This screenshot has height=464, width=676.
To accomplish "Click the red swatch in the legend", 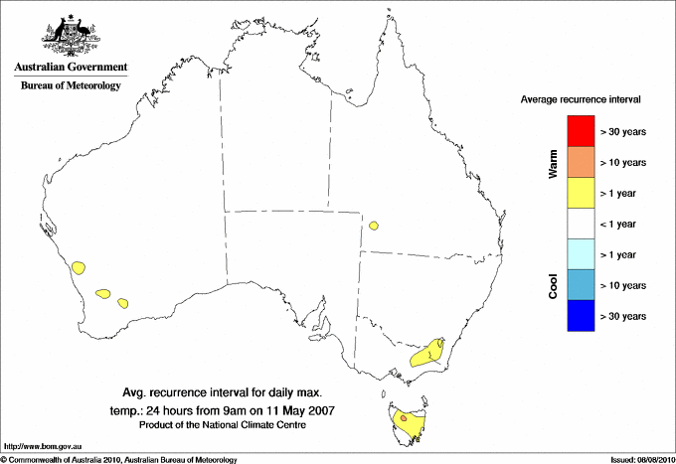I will (580, 131).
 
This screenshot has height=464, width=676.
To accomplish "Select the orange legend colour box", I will (580, 162).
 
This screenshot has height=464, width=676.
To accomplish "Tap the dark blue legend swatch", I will (580, 316).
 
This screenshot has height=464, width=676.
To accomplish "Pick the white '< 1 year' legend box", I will (580, 224).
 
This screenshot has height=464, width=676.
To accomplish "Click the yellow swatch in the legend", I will (580, 193).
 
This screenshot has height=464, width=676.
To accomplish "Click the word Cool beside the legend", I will (553, 286).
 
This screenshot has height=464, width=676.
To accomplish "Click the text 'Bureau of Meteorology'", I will (70, 86).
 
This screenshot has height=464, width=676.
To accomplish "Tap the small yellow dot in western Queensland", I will (374, 226).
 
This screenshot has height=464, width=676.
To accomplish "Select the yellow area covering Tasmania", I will (408, 421).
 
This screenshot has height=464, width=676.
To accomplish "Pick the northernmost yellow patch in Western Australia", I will (80, 267).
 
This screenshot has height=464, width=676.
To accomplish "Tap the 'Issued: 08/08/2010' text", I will (641, 459).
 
